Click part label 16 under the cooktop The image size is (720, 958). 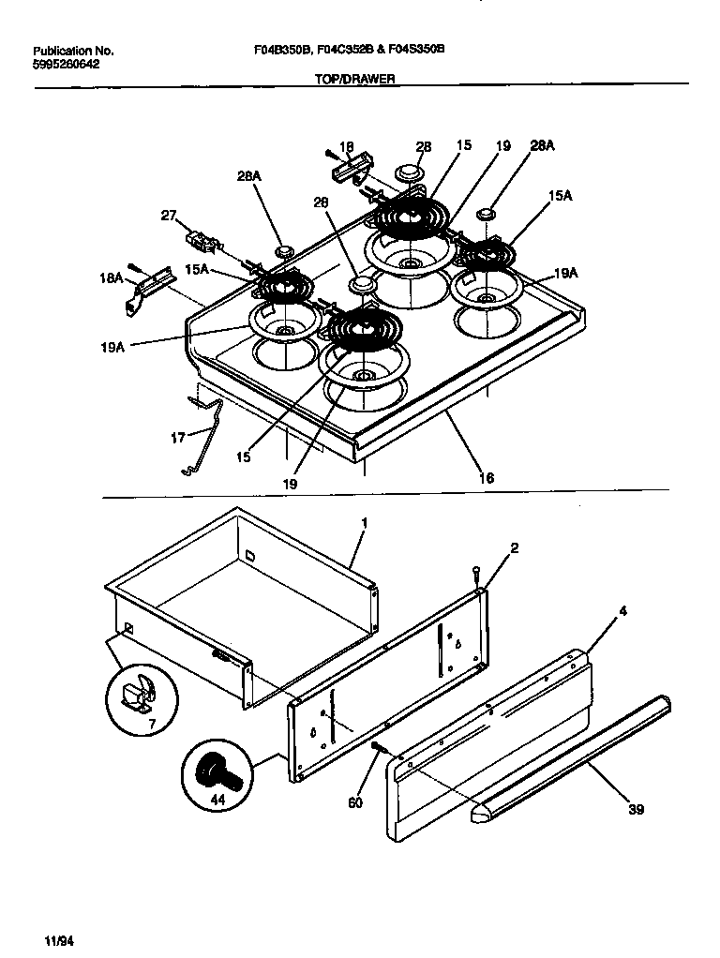coord(486,478)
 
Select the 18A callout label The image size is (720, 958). coord(111,279)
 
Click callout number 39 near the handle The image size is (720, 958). coord(636,809)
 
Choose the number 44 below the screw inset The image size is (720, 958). coord(218,800)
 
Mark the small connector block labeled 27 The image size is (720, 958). coord(202,243)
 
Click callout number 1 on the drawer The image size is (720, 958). coord(365,521)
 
